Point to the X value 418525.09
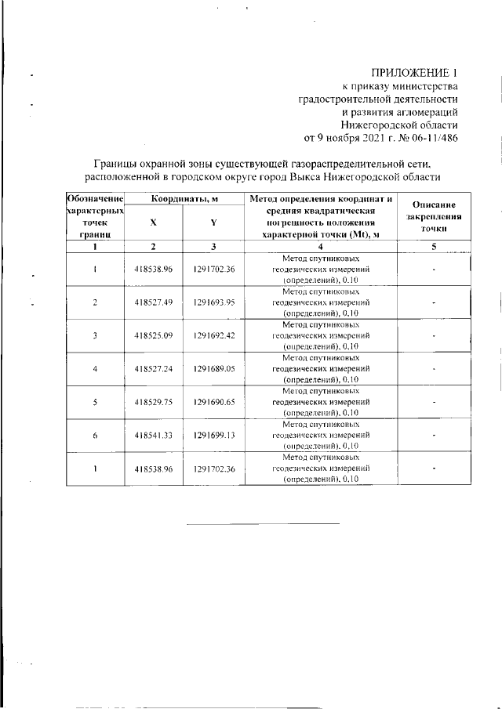point(153,335)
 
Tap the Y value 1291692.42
point(214,335)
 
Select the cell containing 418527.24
point(153,368)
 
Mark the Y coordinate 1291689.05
point(214,368)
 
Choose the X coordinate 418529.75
point(153,401)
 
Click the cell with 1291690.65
point(214,401)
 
